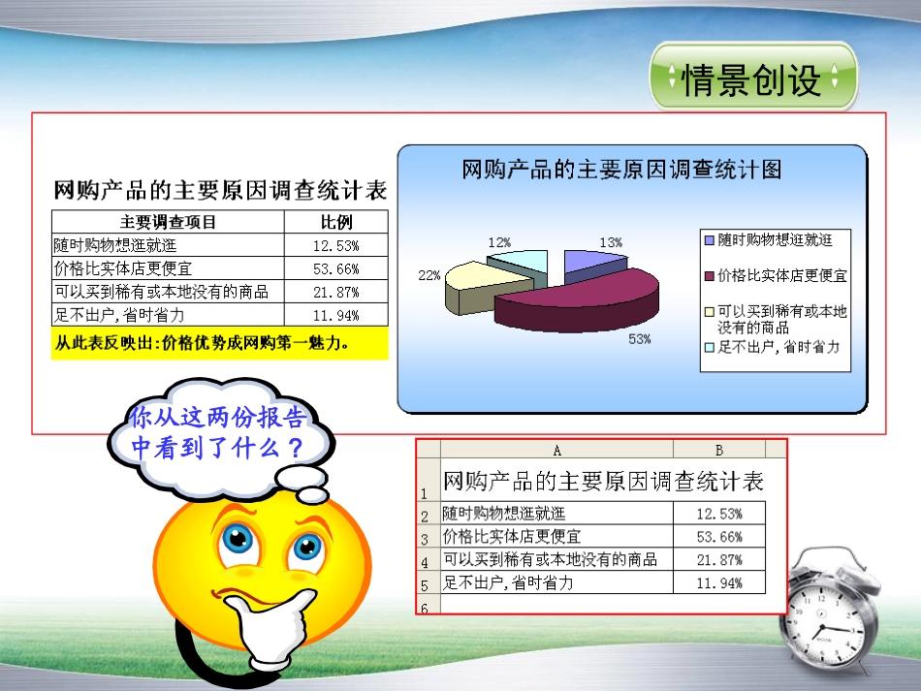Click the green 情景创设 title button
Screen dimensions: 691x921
coord(752,78)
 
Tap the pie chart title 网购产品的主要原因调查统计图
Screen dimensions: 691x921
coord(621,171)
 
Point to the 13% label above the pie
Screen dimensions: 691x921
coord(611,242)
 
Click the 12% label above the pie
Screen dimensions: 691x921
coord(500,242)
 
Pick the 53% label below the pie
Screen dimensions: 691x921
coord(639,339)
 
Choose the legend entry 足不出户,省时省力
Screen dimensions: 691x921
coord(778,347)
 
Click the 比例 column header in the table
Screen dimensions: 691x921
coord(336,222)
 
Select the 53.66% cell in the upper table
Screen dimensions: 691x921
coord(336,268)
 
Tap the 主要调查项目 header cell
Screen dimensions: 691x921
coord(168,222)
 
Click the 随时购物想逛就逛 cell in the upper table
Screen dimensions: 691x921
coord(115,245)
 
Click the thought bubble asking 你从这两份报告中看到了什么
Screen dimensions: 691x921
coord(217,433)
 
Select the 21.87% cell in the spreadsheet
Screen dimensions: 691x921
coord(719,559)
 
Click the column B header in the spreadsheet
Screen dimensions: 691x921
coord(718,450)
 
